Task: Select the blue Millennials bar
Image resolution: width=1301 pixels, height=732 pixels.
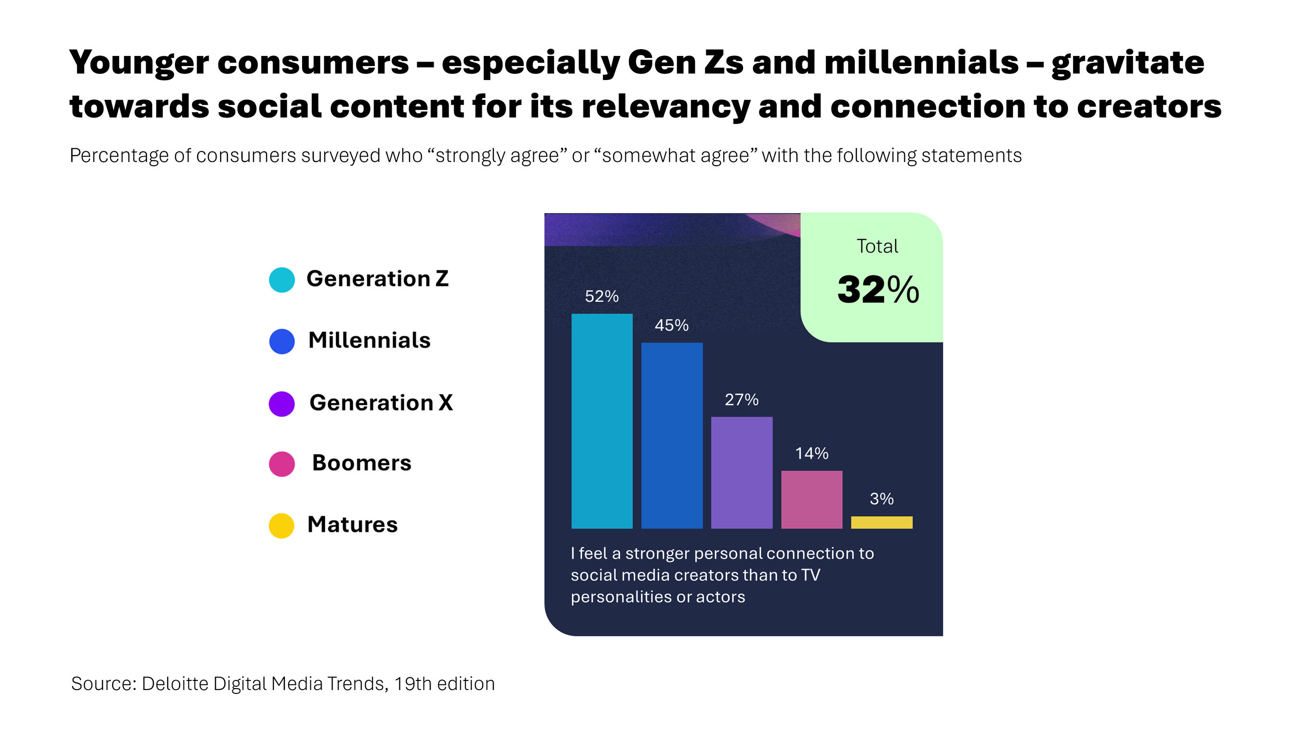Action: coord(672,436)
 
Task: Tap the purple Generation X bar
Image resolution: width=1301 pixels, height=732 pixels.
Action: coord(742,472)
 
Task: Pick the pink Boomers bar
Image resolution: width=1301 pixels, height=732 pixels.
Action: coord(811,499)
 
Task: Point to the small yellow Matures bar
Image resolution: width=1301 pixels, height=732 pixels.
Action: coord(881,522)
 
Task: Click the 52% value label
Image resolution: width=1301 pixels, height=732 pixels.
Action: coord(601,296)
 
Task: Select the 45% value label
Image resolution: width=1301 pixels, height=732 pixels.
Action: coord(672,325)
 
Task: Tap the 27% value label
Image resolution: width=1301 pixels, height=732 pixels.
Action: coord(742,399)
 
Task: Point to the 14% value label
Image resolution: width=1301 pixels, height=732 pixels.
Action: coord(811,453)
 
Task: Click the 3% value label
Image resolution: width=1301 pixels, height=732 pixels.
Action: coord(881,499)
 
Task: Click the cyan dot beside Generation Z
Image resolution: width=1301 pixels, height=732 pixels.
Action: coord(282,280)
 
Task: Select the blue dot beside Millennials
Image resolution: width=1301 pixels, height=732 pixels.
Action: coord(282,342)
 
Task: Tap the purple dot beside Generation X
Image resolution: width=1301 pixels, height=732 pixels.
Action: coord(282,404)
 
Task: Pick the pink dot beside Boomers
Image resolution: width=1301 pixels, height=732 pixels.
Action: coord(282,464)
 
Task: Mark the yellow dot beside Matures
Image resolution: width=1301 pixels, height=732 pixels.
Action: coord(282,525)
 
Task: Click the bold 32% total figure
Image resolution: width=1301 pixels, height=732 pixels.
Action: coord(878,290)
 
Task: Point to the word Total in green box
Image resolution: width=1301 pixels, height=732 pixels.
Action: coord(877,247)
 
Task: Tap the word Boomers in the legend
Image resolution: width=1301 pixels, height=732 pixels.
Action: coord(361,463)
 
